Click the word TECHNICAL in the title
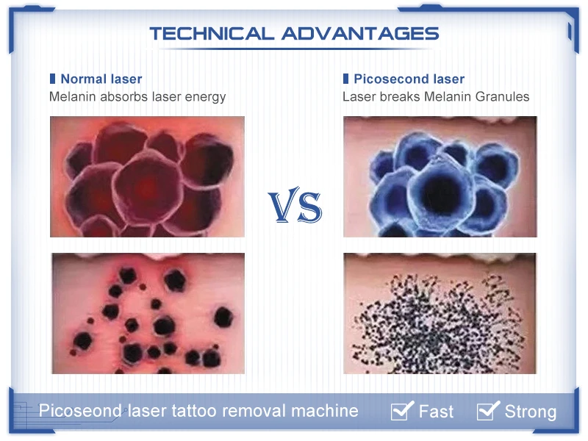point(212,33)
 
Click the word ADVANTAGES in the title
point(359,33)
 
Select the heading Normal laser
point(101,79)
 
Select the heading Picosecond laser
point(409,79)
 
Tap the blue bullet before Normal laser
point(52,79)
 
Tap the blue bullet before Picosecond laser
point(345,79)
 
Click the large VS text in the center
point(294,207)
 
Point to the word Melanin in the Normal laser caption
point(71,96)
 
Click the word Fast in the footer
point(436,412)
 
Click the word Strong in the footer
point(530,412)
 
